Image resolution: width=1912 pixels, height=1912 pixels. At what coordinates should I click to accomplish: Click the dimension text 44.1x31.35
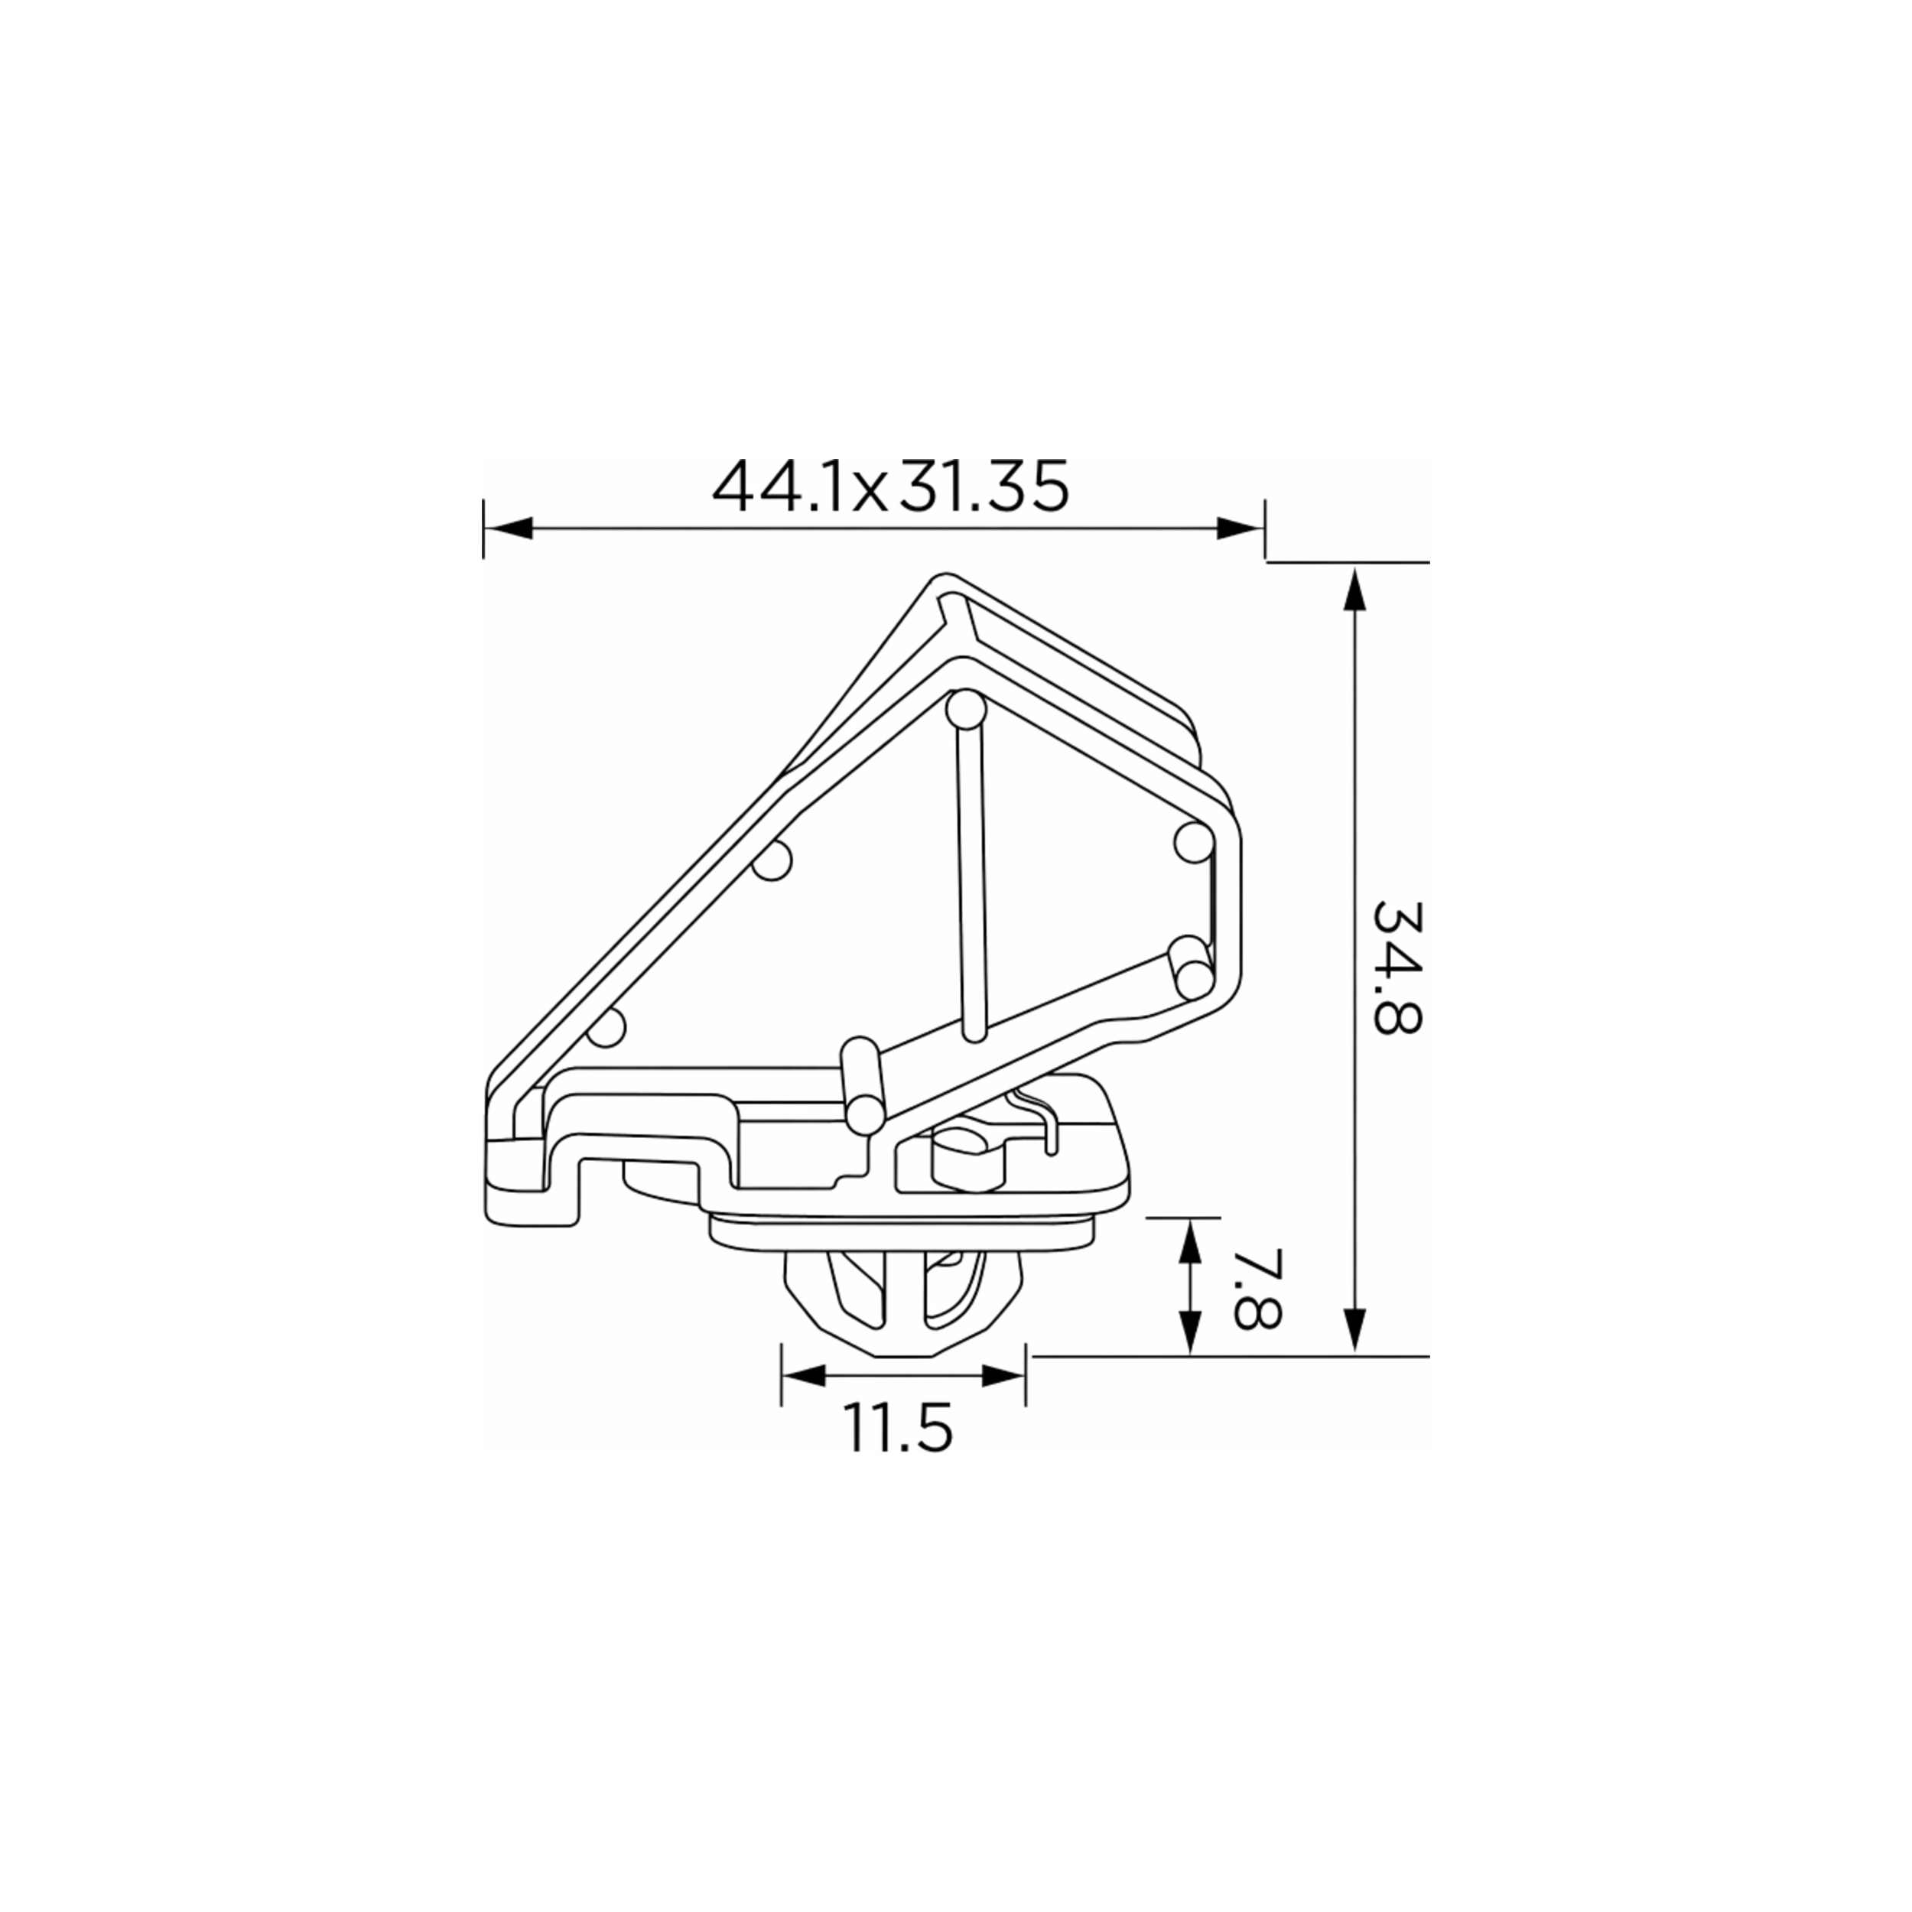click(891, 486)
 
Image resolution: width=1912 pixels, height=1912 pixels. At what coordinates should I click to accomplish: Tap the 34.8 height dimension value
click(1397, 967)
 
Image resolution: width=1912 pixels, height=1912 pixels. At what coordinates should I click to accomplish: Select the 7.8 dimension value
click(1258, 1286)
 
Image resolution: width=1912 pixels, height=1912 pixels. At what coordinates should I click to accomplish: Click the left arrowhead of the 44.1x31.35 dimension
click(508, 528)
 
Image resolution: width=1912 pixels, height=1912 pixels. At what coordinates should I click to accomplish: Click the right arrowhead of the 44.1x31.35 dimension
click(1240, 528)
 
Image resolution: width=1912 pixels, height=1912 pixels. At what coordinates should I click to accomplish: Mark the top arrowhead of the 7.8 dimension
click(1191, 1242)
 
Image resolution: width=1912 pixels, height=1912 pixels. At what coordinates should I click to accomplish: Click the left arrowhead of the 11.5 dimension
click(805, 1374)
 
